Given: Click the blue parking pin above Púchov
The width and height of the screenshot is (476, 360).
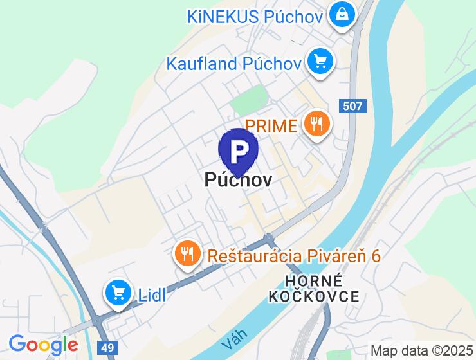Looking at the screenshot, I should tap(239, 151).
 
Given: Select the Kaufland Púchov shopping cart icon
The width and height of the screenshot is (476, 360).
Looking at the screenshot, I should tap(319, 62).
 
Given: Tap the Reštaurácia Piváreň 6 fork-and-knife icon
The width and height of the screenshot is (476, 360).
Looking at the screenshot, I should tap(187, 253).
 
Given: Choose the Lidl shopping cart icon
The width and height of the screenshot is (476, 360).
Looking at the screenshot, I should tap(118, 292).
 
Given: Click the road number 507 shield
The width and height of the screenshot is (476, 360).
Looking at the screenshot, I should tap(352, 107).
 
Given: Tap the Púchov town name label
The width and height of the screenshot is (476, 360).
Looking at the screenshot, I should tap(238, 179).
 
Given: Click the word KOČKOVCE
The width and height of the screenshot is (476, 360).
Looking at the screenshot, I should tap(314, 296).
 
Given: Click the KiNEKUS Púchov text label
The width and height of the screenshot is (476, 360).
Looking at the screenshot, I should tap(254, 15).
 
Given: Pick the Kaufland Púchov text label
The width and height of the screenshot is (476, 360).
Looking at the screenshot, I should tap(234, 64).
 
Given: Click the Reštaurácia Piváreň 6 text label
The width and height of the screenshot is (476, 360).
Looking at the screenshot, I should tap(294, 255).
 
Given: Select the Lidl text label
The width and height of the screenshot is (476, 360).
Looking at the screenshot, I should tap(152, 294).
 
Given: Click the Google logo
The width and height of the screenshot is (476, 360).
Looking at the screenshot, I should tap(43, 345).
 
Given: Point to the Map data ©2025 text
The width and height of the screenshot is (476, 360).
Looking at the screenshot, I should tap(421, 351).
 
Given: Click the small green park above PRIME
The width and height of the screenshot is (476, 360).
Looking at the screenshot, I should tap(248, 99).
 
